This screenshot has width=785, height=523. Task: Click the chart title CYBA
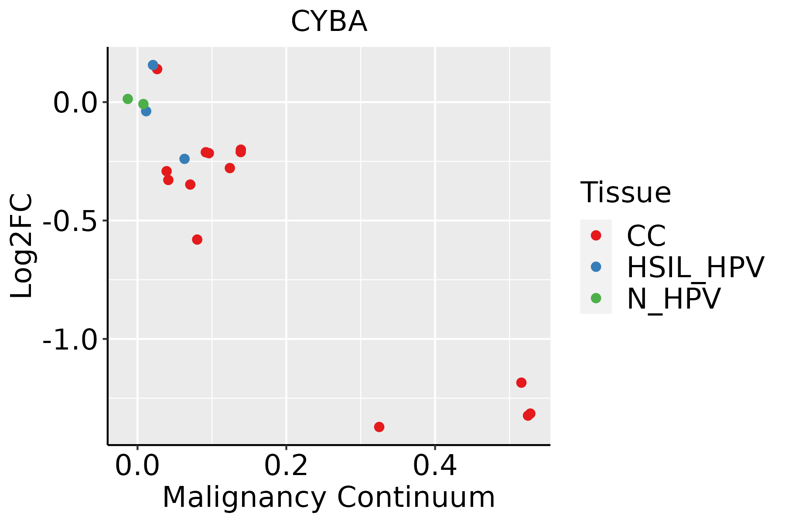click(329, 22)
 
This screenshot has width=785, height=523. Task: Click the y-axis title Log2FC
click(22, 246)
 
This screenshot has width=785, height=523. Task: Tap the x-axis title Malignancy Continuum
click(329, 498)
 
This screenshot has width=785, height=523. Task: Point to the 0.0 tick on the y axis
click(75, 103)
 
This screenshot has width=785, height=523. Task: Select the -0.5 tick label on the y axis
click(70, 222)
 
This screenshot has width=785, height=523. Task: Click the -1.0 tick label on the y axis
click(70, 340)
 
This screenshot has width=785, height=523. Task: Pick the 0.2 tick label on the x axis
click(286, 466)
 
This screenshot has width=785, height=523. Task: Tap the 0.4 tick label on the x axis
click(435, 466)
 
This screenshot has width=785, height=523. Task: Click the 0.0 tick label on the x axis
click(137, 466)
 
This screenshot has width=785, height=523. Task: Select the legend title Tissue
click(625, 192)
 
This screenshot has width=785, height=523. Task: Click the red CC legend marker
click(596, 235)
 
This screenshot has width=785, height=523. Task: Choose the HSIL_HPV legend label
click(695, 267)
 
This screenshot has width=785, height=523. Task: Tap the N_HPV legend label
click(673, 299)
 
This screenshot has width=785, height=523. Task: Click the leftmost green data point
click(128, 99)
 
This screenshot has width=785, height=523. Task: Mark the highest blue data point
click(153, 65)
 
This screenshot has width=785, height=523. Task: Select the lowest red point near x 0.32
click(379, 427)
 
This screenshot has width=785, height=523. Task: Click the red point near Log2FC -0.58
click(197, 239)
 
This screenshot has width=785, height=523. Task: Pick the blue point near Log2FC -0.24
click(184, 159)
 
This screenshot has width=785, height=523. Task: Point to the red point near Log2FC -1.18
click(521, 383)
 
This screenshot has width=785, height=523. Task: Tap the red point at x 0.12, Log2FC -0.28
click(230, 168)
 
